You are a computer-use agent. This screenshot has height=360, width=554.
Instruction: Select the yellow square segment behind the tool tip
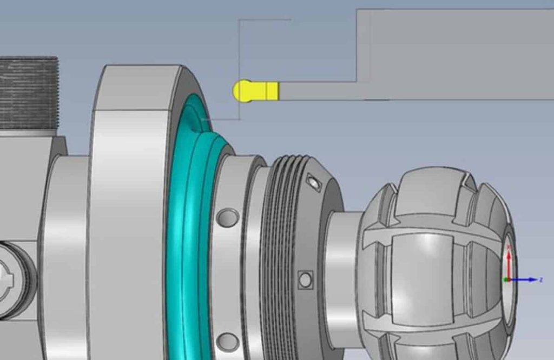tap(272, 91)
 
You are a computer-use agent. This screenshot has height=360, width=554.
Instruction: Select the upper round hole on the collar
tap(227, 218)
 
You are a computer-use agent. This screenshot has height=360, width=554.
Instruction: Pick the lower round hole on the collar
tap(227, 342)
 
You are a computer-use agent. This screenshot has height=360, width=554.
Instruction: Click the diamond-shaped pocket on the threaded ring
tap(313, 183)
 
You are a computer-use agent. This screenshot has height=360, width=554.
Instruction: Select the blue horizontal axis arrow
tap(525, 279)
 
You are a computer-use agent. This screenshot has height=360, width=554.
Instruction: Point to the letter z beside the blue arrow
tap(540, 279)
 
